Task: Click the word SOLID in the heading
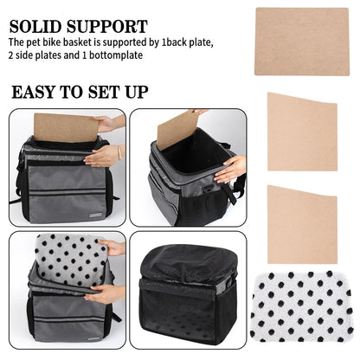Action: [35, 27]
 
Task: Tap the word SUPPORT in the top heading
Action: [107, 27]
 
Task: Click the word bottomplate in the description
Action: [116, 55]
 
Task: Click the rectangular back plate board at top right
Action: [302, 42]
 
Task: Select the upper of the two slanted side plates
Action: [302, 132]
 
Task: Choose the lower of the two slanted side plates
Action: [302, 224]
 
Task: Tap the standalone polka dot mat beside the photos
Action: [301, 306]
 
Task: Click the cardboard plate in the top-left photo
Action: [67, 127]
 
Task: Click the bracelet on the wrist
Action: [119, 153]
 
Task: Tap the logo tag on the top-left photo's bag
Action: [95, 215]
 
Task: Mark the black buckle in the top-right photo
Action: [207, 189]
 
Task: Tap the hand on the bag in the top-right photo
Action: [229, 170]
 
